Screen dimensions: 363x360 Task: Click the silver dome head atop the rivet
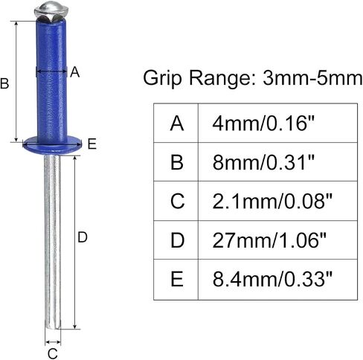(x=51, y=11)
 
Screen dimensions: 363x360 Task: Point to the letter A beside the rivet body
(x=74, y=72)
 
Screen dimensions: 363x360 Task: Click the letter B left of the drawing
(x=4, y=83)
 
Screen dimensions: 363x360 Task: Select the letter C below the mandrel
(x=53, y=353)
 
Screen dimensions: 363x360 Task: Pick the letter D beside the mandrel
(x=83, y=237)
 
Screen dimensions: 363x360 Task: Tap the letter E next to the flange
(x=92, y=144)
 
